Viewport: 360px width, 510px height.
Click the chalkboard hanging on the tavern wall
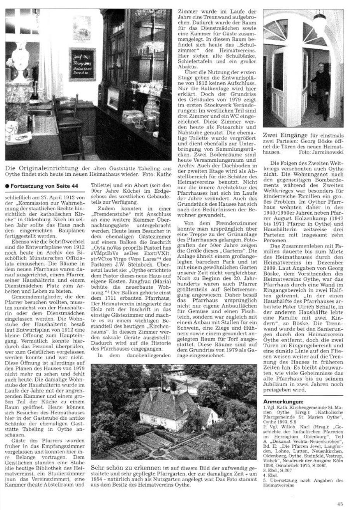(82, 64)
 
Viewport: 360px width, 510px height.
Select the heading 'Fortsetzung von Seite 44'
(44, 186)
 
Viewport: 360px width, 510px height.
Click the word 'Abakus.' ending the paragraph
(185, 66)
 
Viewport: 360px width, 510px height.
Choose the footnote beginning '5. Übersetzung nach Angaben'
(303, 480)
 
